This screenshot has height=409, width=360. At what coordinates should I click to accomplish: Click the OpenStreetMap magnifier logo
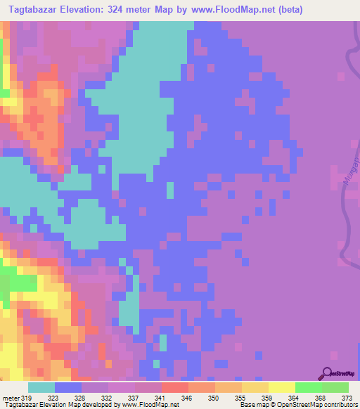coord(326,373)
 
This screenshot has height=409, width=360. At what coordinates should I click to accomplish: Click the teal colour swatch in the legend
coord(41,387)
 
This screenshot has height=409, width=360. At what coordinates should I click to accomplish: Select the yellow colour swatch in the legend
coord(282,387)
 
